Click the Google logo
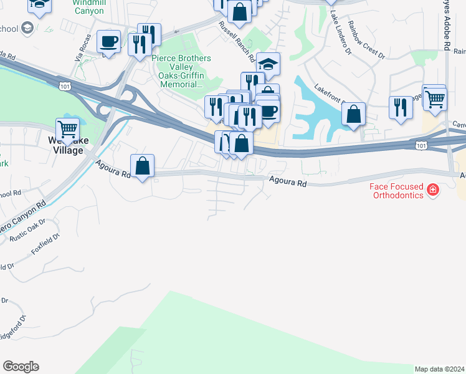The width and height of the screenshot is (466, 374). tap(21, 367)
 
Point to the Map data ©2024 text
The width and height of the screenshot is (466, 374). tap(440, 369)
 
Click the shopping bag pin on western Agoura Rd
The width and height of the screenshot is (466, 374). tap(142, 166)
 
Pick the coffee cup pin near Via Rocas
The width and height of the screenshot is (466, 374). tap(109, 42)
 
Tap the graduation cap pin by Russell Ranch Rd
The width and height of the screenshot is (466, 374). tap(268, 64)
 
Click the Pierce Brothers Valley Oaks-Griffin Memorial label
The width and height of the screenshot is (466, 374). tap(181, 71)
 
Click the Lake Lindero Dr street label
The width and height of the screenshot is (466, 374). tap(341, 29)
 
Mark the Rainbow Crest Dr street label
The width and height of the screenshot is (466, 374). tap(366, 39)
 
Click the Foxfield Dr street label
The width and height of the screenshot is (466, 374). tap(45, 244)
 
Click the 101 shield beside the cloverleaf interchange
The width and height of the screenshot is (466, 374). tap(63, 84)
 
